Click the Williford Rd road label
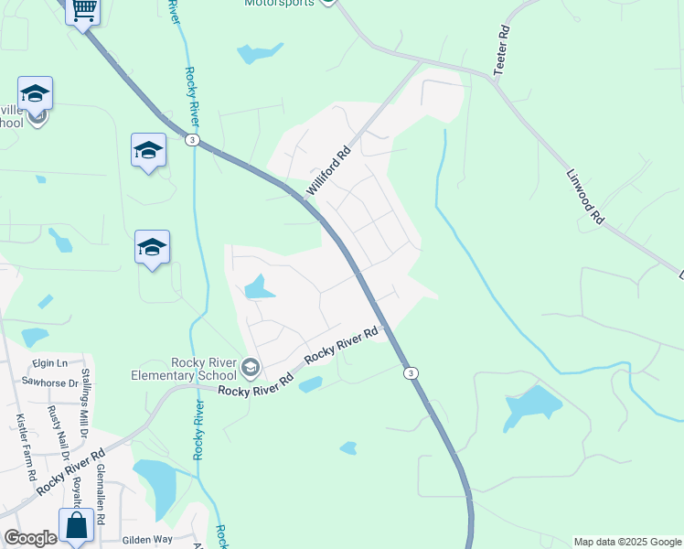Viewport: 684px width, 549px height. (328, 171)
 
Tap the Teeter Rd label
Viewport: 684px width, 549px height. (501, 43)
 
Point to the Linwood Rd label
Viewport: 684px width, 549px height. (585, 196)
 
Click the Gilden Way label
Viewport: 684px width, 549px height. (148, 540)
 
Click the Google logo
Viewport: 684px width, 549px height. (29, 538)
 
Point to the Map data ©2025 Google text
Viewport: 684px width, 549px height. (627, 542)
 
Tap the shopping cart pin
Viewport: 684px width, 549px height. (83, 10)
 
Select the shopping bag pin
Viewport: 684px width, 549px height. (76, 526)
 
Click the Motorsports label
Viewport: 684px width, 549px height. (279, 3)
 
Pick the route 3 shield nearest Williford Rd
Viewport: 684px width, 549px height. (192, 139)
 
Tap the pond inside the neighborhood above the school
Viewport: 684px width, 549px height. (258, 288)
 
